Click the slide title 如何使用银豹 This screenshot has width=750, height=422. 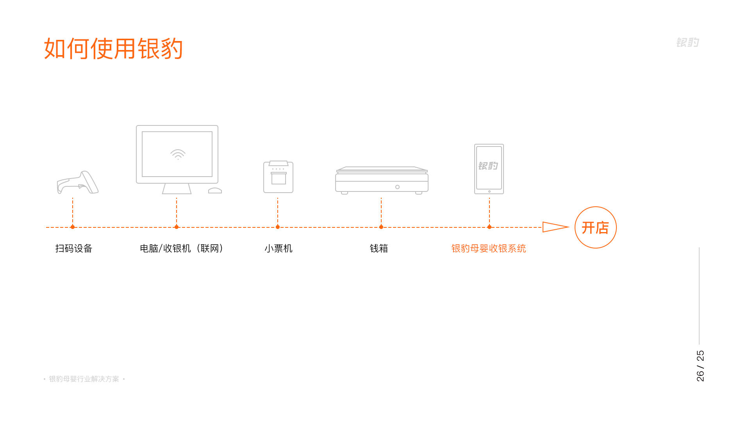click(113, 48)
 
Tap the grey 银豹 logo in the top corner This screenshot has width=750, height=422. click(687, 42)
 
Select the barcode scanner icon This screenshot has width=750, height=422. click(78, 182)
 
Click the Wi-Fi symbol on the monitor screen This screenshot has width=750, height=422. click(178, 154)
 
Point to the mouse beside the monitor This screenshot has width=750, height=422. click(215, 190)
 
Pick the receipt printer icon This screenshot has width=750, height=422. click(278, 177)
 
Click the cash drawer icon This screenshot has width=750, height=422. click(382, 181)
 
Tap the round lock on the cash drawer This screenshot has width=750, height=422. click(397, 187)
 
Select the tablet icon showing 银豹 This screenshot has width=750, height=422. click(489, 169)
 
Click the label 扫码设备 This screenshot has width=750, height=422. click(74, 249)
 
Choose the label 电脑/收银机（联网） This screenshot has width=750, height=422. click(182, 249)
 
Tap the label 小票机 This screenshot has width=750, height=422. click(279, 249)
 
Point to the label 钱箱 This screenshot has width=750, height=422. click(379, 249)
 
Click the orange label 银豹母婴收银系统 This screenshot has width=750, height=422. click(489, 249)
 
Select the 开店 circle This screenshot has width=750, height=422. click(596, 227)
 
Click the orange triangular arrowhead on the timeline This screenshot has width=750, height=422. click(555, 227)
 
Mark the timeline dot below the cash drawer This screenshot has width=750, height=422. click(381, 227)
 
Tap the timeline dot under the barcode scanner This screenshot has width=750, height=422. click(73, 227)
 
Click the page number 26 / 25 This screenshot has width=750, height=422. click(700, 366)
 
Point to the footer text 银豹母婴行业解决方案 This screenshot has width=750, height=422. click(84, 379)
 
